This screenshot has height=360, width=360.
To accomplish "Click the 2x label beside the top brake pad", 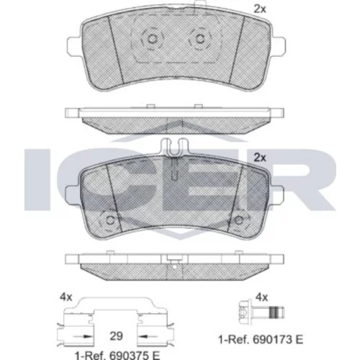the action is pyautogui.click(x=260, y=9).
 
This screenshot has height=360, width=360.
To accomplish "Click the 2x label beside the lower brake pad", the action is pyautogui.click(x=260, y=158).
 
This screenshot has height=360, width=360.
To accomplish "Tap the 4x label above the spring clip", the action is pyautogui.click(x=66, y=297).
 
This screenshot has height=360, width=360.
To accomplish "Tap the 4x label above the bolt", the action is pyautogui.click(x=261, y=297).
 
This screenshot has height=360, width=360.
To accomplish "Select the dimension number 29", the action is pyautogui.click(x=116, y=336).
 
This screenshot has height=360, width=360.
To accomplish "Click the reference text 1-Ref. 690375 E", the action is pyautogui.click(x=117, y=356).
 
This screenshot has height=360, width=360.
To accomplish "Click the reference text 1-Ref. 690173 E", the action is pyautogui.click(x=261, y=339).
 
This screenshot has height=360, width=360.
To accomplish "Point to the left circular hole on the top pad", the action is pyautogui.click(x=152, y=38).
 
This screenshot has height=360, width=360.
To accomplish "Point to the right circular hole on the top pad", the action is pyautogui.click(x=199, y=38).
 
